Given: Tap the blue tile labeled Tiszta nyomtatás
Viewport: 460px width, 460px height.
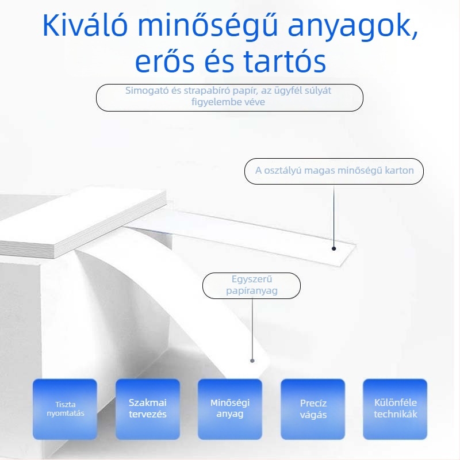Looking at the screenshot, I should click(x=65, y=408).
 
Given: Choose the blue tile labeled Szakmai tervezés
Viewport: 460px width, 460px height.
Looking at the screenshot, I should click(x=147, y=408).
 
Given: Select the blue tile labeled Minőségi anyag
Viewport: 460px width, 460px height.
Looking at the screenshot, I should click(x=230, y=408).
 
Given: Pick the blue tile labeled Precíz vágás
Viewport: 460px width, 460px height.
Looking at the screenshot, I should click(x=313, y=408).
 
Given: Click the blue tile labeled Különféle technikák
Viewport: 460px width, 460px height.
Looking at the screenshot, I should click(x=395, y=408).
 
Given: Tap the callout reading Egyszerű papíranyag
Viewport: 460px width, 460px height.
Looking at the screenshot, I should click(x=251, y=285).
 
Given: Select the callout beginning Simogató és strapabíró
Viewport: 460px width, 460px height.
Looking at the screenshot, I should click(x=229, y=97).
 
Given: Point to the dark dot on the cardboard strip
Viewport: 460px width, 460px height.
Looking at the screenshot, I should click(x=333, y=248).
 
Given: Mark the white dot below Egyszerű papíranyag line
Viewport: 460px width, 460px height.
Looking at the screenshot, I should click(x=251, y=361).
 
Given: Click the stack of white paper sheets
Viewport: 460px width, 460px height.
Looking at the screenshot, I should click(x=86, y=224).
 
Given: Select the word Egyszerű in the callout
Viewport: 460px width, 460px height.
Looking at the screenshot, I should click(x=251, y=279).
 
